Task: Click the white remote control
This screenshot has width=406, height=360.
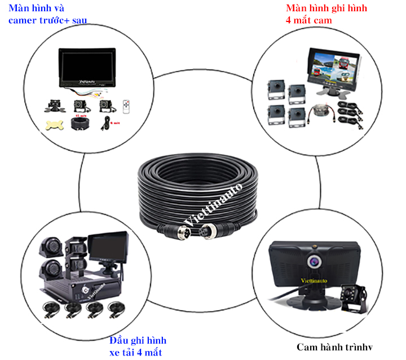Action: [x=127, y=106]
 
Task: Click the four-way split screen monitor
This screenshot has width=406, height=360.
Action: [x=333, y=66]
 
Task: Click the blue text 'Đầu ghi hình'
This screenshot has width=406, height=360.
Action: [x=138, y=341]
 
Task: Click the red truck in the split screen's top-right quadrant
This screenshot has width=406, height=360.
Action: [x=345, y=60]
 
